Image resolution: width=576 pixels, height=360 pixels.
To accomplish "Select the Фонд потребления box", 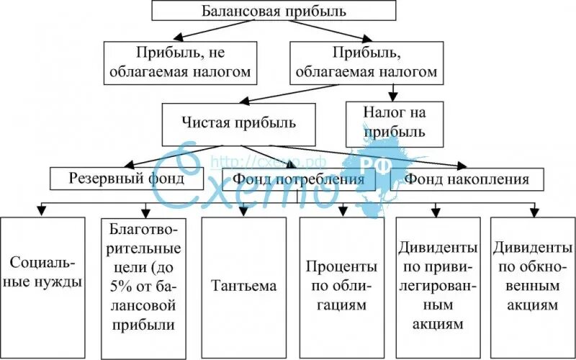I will point(298,179).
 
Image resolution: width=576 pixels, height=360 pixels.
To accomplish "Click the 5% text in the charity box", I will point(121,278).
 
